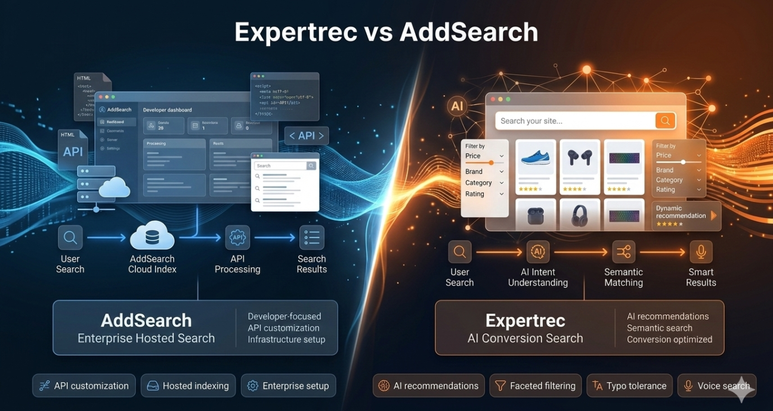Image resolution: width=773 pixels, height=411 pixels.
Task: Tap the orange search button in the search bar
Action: (665, 121)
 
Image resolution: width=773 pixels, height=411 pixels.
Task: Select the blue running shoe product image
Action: (536, 158)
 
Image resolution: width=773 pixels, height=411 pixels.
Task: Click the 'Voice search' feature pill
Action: (717, 386)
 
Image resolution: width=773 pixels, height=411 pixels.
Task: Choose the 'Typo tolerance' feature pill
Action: (629, 386)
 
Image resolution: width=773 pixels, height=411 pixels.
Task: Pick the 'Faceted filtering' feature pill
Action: (535, 386)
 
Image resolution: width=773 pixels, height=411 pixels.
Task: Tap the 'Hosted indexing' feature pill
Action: (188, 386)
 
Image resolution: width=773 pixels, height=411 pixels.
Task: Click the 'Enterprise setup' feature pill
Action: (288, 386)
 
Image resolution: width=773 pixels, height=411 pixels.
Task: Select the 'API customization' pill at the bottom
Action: (84, 386)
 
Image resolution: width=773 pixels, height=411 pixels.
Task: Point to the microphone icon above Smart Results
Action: (701, 252)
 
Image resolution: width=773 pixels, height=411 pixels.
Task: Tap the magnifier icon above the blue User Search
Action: (70, 238)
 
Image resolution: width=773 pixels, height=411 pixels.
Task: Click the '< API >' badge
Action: (307, 136)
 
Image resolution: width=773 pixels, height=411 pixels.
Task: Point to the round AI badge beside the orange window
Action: (457, 107)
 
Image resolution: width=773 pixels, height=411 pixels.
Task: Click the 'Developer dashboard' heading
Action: (168, 110)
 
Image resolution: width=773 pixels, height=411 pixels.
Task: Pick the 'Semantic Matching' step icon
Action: (624, 252)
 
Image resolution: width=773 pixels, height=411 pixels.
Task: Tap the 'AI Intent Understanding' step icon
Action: (538, 252)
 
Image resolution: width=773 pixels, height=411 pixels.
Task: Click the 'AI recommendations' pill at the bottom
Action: (428, 386)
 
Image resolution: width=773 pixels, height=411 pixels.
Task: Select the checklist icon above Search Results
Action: (311, 238)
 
